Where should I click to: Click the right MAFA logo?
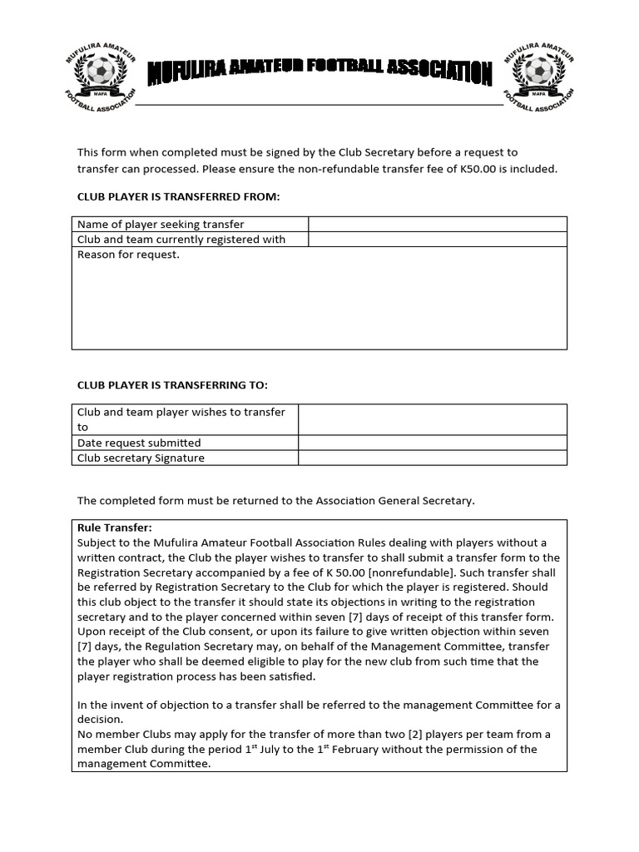538,77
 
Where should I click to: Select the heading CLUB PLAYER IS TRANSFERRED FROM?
179,197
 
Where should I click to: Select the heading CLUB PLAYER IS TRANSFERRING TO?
172,384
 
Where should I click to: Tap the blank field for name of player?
438,225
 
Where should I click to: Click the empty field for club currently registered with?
438,240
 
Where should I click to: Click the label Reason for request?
128,255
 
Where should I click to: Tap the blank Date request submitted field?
432,443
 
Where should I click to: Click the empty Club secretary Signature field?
432,458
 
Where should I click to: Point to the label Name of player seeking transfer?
161,225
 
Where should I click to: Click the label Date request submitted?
139,443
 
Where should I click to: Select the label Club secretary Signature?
141,458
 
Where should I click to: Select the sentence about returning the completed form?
275,500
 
